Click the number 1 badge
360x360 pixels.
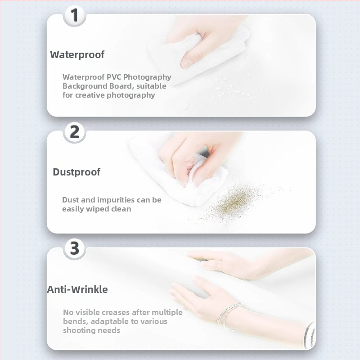74,15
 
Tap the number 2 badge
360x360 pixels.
74,132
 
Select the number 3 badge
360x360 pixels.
74,249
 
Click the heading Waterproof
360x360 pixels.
77,54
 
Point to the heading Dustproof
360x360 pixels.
76,172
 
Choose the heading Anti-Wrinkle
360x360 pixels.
77,289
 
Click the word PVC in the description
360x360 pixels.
114,77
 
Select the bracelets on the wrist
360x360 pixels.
232,316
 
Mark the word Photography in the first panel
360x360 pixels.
148,77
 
